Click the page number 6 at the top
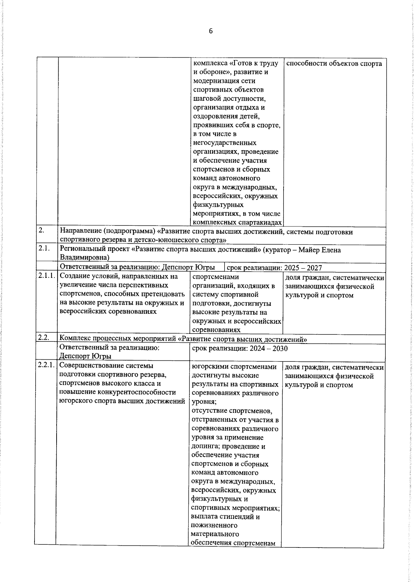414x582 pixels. (x=211, y=31)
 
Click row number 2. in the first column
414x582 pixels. (x=41, y=231)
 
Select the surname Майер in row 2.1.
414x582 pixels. (x=310, y=250)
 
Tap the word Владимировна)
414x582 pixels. (x=85, y=258)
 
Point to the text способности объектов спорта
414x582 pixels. (x=334, y=64)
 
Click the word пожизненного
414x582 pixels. (x=214, y=525)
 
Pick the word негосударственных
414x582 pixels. (x=225, y=143)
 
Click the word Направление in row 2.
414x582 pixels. (x=80, y=232)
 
